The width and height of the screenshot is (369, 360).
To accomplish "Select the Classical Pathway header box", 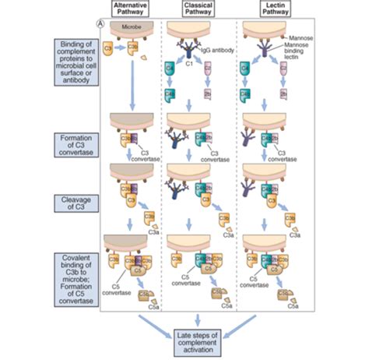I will (201, 9).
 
